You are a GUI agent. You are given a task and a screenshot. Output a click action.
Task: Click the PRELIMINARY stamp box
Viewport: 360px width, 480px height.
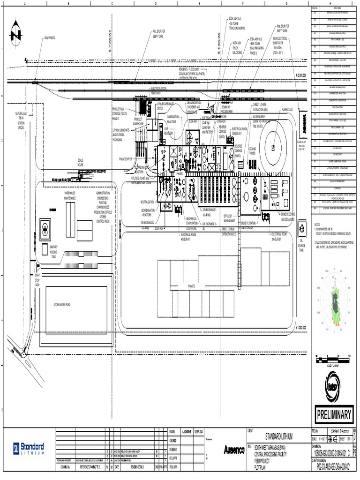334,415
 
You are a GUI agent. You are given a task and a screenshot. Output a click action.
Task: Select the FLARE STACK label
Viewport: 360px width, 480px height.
287,110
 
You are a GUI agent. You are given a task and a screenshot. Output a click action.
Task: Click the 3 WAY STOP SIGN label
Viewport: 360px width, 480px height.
37,278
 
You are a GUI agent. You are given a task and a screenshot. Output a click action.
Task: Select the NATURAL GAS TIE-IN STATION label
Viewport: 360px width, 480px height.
22,120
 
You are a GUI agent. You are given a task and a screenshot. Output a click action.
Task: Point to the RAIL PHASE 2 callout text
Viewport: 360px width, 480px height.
50,37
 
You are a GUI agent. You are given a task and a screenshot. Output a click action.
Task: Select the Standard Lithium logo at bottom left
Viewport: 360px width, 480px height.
29,448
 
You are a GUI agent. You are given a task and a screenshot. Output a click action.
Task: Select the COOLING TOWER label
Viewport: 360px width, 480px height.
252,151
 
